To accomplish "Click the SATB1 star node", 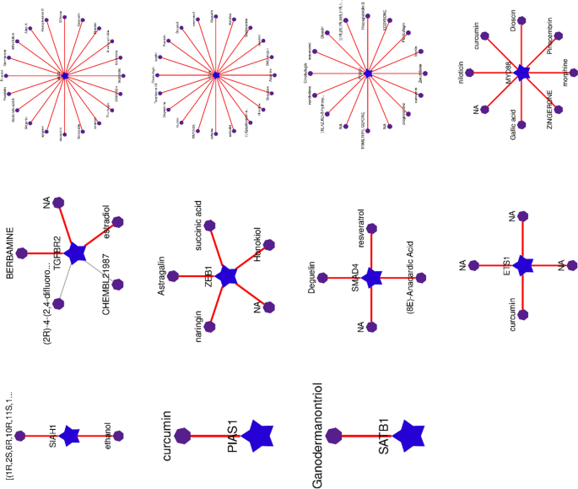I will tap(408, 435).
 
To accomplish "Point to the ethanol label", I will tap(105, 435).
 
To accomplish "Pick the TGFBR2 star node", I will tap(77, 252).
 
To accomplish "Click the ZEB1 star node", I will tap(226, 275).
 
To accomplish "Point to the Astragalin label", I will tap(157, 275).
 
